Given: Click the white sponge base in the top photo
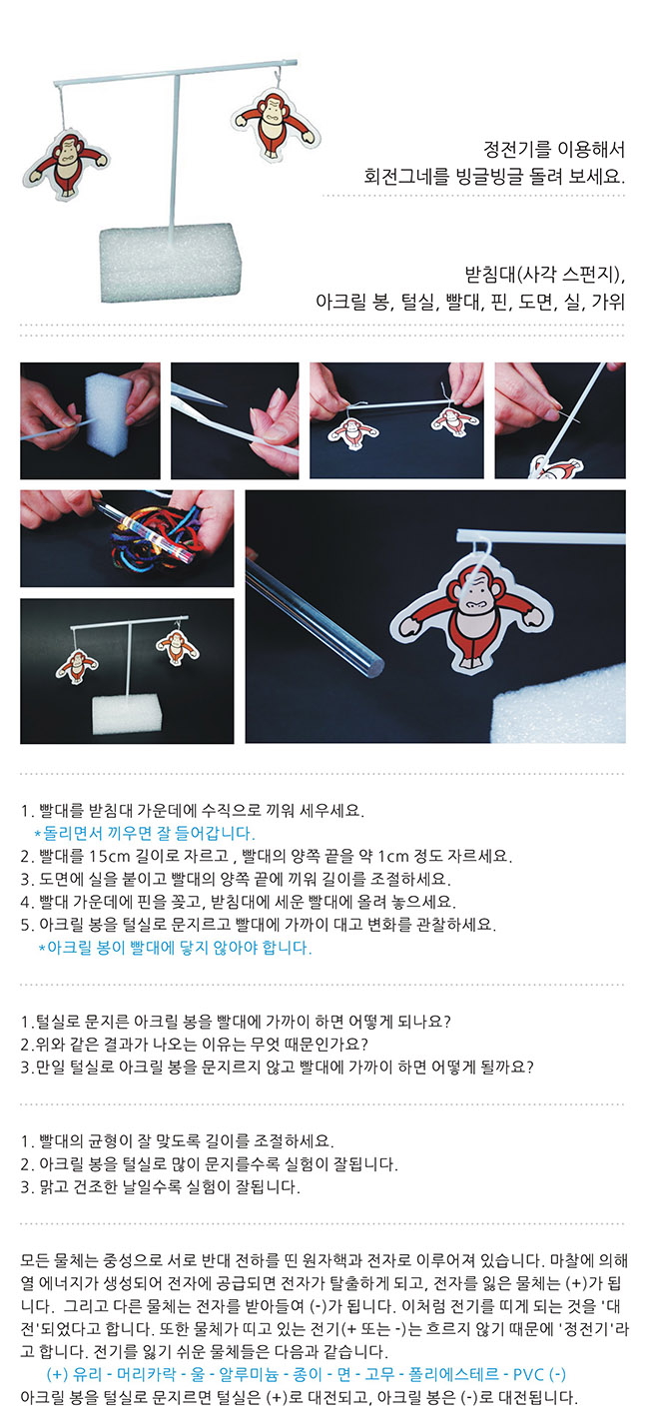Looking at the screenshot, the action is click(171, 262).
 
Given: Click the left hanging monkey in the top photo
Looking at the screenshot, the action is click(66, 163).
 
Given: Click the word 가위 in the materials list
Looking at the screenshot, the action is click(608, 301).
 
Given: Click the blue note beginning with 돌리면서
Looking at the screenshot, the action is click(145, 833).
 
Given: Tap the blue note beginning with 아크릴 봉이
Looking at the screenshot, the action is click(176, 948).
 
